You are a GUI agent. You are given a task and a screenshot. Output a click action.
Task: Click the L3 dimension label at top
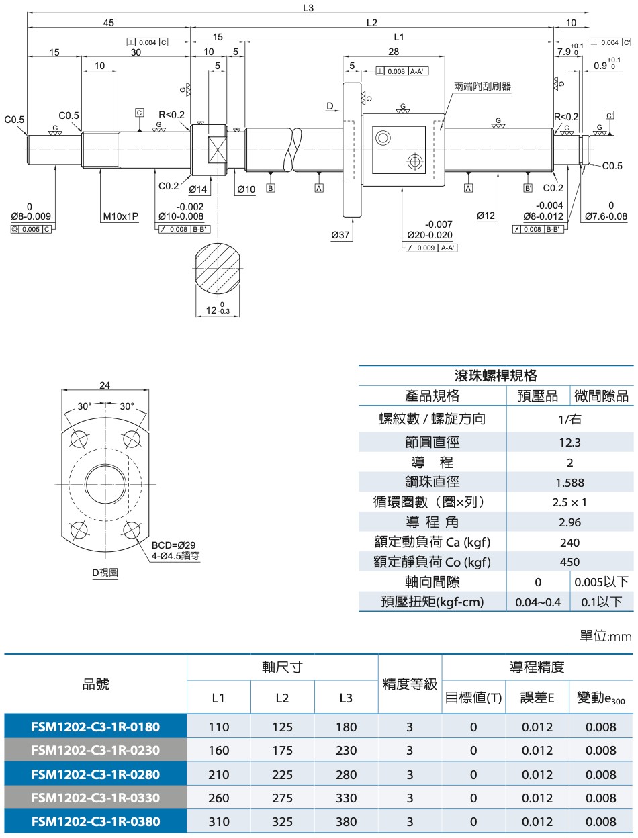tap(308, 8)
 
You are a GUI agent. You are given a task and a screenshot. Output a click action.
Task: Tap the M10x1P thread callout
tap(121, 216)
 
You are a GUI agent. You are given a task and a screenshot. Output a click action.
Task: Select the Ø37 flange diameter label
tap(340, 235)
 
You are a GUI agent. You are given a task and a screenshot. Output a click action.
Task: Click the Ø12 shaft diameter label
tap(486, 216)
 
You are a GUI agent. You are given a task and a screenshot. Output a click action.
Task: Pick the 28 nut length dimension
tap(394, 52)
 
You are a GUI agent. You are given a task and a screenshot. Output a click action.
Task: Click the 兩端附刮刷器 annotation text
tap(482, 87)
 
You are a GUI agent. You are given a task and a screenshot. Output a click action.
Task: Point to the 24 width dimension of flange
tap(105, 385)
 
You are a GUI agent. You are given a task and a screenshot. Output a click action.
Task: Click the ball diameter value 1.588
tap(569, 482)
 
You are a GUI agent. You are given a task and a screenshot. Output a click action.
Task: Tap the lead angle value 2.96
tap(569, 522)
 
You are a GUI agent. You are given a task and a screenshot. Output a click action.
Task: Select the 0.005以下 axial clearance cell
tap(602, 581)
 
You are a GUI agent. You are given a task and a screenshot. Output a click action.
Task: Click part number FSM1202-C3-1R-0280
tap(95, 774)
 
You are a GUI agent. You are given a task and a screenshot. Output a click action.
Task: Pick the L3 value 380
tap(346, 821)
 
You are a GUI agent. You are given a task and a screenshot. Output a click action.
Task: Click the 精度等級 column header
tap(410, 684)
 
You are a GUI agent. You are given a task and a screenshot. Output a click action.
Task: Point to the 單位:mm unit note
tap(605, 635)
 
